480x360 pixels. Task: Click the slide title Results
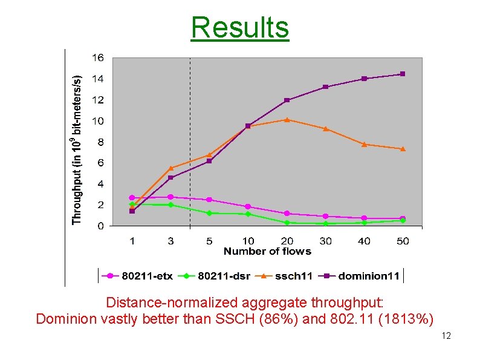point(240,27)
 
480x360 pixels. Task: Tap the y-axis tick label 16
point(97,57)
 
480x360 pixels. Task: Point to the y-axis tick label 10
point(97,121)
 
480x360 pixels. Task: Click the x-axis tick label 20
point(287,241)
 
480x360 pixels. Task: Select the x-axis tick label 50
point(403,241)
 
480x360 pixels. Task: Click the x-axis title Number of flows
point(267,251)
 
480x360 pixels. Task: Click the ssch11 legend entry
point(288,276)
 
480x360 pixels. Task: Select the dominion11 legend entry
point(362,276)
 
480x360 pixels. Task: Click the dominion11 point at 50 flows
point(403,74)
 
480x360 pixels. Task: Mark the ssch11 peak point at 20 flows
point(287,119)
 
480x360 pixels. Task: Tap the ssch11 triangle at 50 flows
point(403,148)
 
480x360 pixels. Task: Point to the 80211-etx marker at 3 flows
point(170,197)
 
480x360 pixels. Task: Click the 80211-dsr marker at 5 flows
point(209,213)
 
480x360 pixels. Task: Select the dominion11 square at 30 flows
point(325,87)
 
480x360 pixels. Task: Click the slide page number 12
point(446,336)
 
